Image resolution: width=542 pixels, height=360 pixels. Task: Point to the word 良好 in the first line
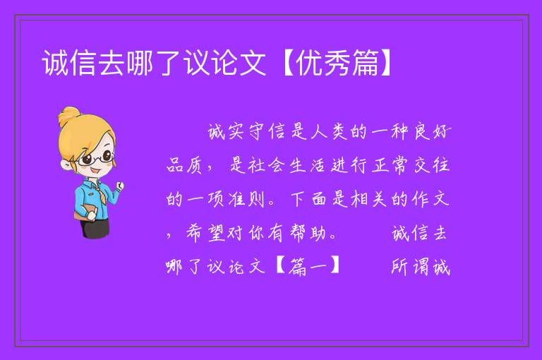pos(433,132)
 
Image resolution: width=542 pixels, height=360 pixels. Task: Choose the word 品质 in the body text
pos(184,165)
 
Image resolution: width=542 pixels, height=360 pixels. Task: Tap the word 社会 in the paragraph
pos(265,165)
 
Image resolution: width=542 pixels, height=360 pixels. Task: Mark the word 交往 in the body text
pos(432,165)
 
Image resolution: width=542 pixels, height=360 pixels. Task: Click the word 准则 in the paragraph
pos(246,199)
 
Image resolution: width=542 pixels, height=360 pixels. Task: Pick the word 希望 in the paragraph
pos(205,233)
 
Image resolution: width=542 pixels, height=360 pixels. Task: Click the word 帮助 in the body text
pos(308,233)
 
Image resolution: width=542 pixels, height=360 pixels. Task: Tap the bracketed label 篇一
pos(308,267)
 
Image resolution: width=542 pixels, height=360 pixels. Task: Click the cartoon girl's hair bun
pos(69,116)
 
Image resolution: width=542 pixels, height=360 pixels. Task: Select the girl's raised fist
pos(120,186)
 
